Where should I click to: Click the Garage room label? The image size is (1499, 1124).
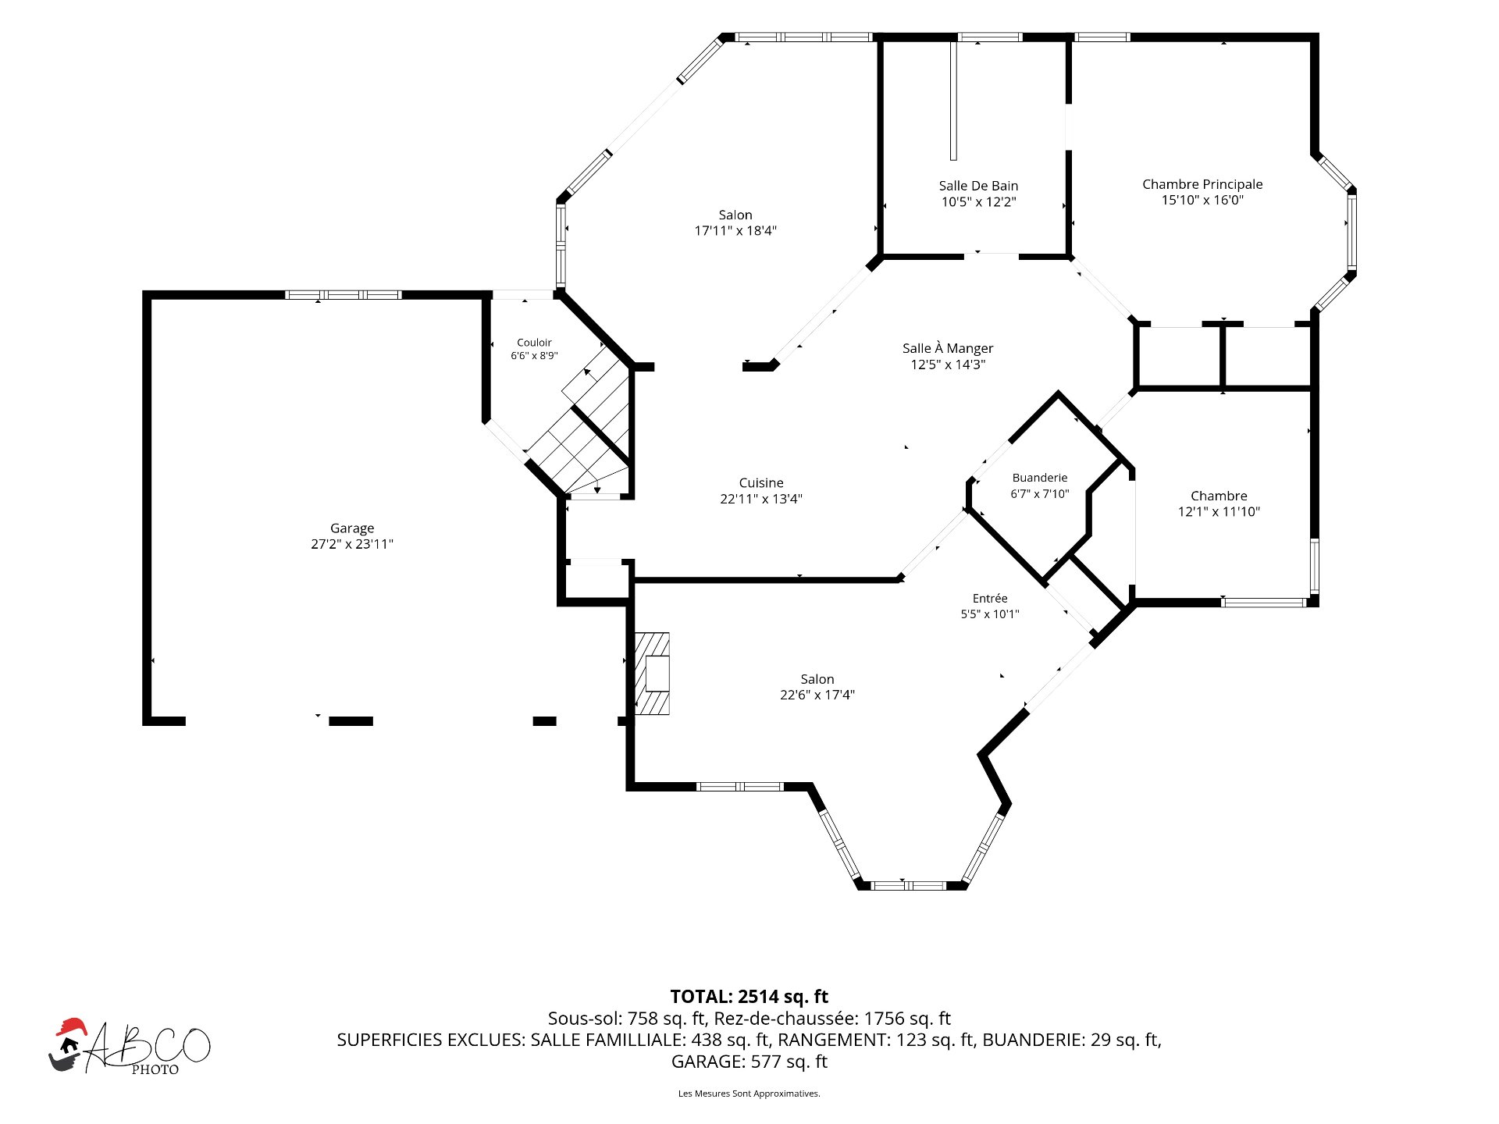point(352,528)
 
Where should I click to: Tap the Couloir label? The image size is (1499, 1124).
point(534,343)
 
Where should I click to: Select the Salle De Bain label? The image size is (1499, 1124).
point(978,186)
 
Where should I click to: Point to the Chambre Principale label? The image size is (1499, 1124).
point(1202,184)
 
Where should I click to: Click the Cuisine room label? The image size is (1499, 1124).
point(761,483)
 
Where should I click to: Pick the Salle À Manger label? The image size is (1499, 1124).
point(948,348)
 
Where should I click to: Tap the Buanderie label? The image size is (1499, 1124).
point(1039,478)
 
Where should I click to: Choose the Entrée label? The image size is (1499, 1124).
point(990,599)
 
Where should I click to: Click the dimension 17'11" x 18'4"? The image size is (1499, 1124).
point(735,230)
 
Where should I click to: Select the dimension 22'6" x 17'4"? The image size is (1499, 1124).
point(817,695)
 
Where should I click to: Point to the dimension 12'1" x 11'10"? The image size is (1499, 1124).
point(1219,511)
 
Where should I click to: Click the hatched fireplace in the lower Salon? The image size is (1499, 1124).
point(652,674)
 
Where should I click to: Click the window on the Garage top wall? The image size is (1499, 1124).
point(343,295)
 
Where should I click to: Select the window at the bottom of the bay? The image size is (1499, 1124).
point(908,885)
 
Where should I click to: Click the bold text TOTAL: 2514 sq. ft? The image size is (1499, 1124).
point(749,997)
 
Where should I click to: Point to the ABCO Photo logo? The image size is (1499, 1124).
point(130,1047)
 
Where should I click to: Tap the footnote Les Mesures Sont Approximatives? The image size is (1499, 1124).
point(749,1094)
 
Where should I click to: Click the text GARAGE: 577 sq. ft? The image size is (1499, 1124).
point(749,1062)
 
